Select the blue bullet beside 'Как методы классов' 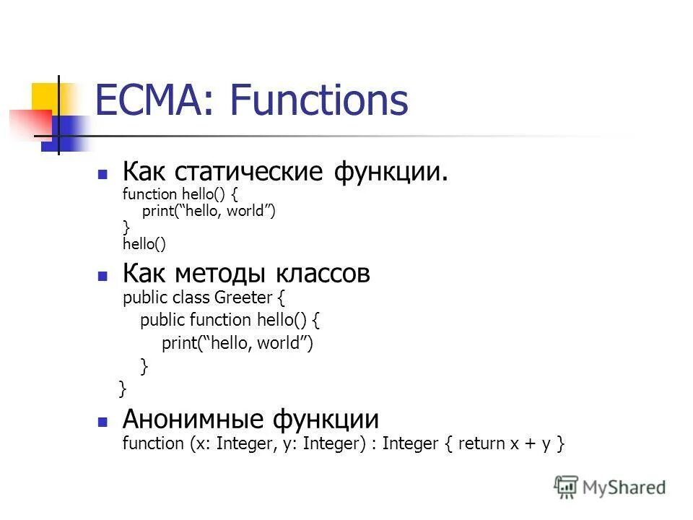[103, 277]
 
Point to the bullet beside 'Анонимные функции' [103, 421]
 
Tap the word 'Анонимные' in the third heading [193, 419]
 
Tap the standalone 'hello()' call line [144, 245]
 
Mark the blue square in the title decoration [65, 134]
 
